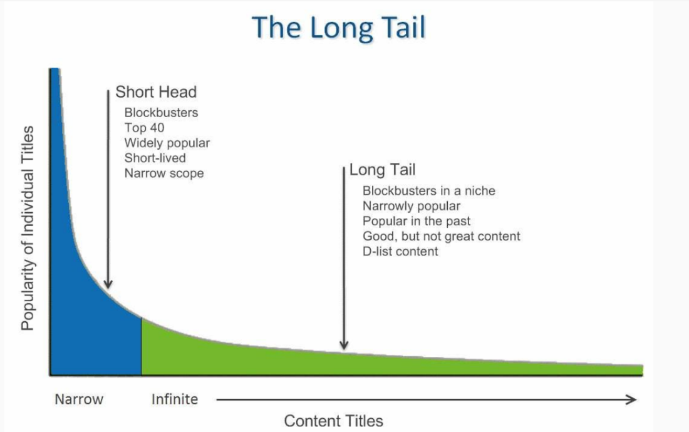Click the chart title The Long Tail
338,28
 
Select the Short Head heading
156,92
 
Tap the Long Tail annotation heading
382,170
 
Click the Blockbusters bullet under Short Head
161,113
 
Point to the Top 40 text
143,128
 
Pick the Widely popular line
167,143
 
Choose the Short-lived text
155,158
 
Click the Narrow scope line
164,173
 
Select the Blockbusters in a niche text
428,190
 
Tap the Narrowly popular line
412,205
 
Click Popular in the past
417,220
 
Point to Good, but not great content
442,236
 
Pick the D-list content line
400,251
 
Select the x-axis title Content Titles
333,420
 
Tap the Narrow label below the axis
79,399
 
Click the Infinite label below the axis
175,399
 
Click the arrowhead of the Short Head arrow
108,285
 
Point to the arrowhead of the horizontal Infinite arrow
632,399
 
